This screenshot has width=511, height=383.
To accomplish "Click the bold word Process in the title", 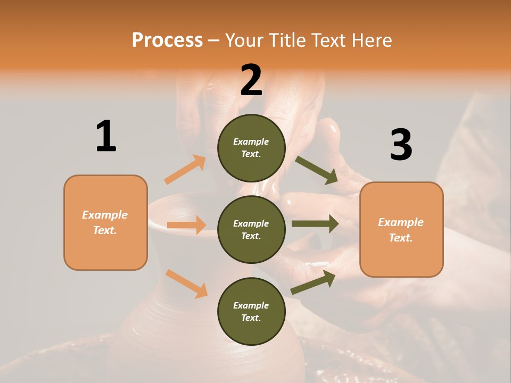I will coord(167,40).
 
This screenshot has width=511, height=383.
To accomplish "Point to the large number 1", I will coord(106,136).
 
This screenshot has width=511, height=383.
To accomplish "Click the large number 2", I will coord(251,80).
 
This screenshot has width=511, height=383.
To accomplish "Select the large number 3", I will coord(401,145).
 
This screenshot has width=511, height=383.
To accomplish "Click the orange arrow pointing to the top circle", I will coord(185,170).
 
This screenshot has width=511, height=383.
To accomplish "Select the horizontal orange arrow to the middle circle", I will coord(186,225).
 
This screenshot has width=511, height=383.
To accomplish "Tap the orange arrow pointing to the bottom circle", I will coord(186,284).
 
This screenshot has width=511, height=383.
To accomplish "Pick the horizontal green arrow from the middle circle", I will coord(315,223).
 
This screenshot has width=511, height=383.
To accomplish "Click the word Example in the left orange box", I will coord(105,215).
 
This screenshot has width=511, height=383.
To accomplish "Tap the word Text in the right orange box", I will coord(400,238).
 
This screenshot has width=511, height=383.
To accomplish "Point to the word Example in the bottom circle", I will coord(251,305).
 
